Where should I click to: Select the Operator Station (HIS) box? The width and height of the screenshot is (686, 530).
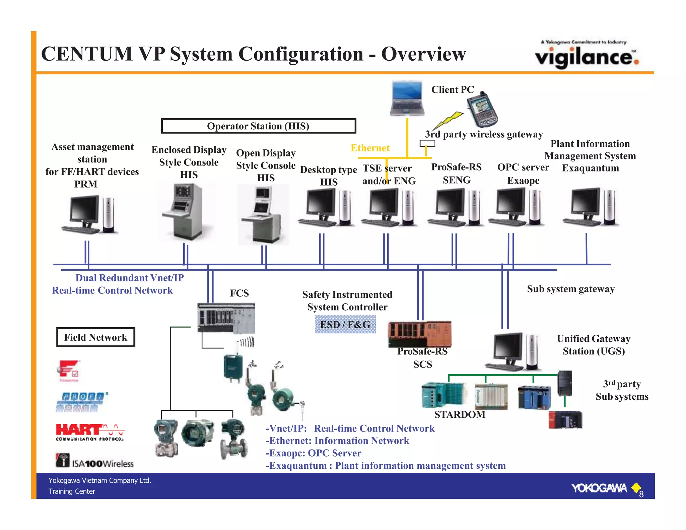pyautogui.click(x=258, y=126)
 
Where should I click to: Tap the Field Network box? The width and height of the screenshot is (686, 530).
pyautogui.click(x=95, y=337)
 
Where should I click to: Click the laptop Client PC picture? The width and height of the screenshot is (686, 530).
pyautogui.click(x=407, y=98)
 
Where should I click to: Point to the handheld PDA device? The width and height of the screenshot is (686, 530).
pyautogui.click(x=482, y=110)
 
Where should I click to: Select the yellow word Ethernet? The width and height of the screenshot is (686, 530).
pyautogui.click(x=370, y=148)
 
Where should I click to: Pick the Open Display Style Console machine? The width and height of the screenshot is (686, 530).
pyautogui.click(x=263, y=214)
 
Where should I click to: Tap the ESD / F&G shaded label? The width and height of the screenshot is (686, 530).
pyautogui.click(x=345, y=324)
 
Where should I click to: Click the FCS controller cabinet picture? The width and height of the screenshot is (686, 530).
pyautogui.click(x=226, y=318)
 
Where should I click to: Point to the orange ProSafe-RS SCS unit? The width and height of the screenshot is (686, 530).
pyautogui.click(x=419, y=334)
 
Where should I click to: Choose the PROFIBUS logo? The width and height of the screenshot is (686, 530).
pyautogui.click(x=81, y=402)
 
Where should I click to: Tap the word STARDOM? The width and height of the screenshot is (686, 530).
pyautogui.click(x=460, y=414)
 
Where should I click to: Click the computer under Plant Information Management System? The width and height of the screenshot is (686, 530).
pyautogui.click(x=591, y=208)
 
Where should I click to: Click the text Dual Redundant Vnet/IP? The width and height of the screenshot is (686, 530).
pyautogui.click(x=129, y=278)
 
